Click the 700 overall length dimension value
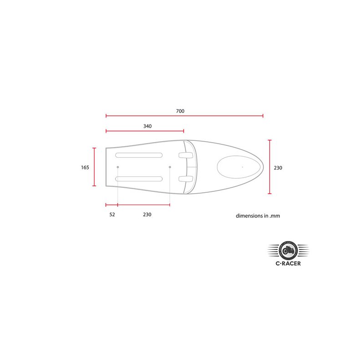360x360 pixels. point(180,111)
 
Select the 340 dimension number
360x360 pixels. point(147,126)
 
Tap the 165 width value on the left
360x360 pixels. point(85,167)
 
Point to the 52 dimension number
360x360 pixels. point(112,214)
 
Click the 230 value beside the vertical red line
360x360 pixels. point(278,168)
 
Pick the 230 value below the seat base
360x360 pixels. point(147,214)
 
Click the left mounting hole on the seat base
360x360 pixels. point(118,167)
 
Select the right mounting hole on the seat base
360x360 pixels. point(170,167)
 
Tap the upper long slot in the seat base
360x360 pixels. point(139,155)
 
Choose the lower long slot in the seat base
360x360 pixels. point(139,179)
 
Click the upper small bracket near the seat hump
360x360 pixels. point(184,155)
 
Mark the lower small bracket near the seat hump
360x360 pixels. point(184,179)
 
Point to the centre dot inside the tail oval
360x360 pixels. point(242,167)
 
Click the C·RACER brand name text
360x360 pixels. point(288,263)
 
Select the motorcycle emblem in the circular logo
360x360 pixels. point(288,250)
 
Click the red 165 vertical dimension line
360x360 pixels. point(94,167)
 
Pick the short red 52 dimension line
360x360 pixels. point(112,205)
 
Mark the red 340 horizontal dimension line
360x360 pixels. point(144,131)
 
